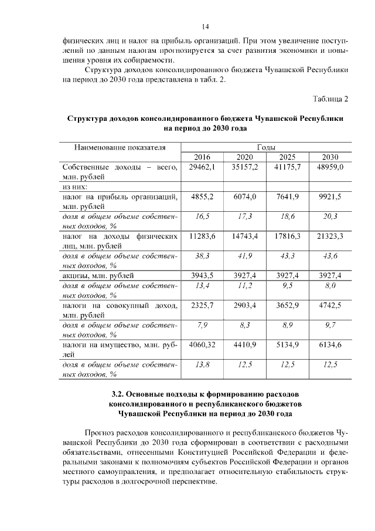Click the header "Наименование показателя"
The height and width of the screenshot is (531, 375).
120,147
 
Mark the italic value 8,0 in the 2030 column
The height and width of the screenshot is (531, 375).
330,285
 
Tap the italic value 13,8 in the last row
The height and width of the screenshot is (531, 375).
202,364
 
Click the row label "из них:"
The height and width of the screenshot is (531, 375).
74,187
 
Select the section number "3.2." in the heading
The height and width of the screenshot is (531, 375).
120,394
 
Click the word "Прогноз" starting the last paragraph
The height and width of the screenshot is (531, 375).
100,432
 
